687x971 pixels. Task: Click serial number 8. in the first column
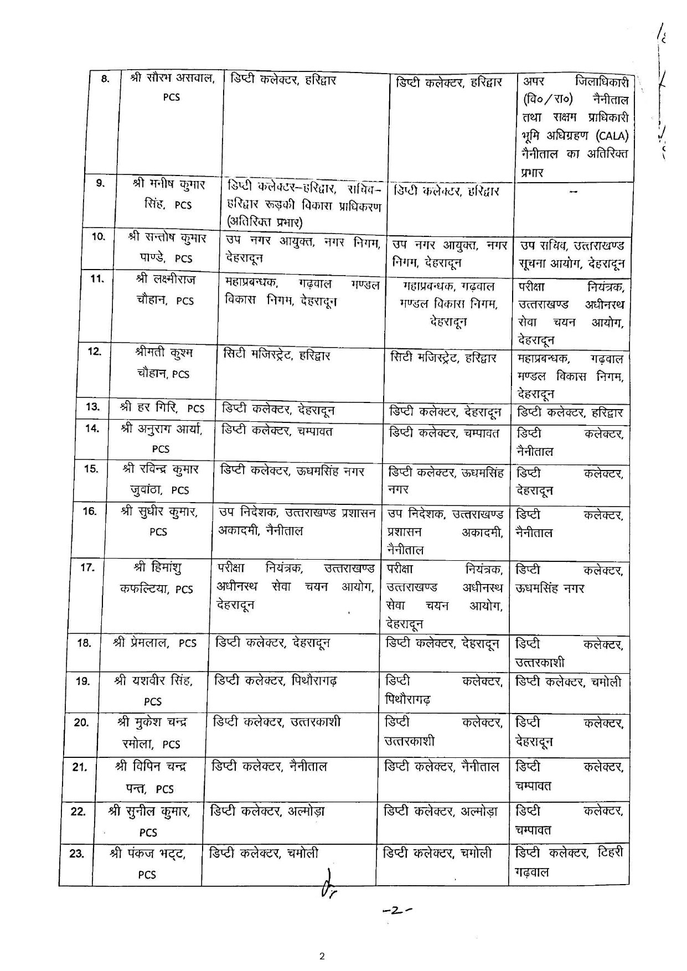tap(105, 79)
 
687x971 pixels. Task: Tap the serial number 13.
tap(92, 407)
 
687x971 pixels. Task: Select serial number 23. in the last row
tap(76, 853)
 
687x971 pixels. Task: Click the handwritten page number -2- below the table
tap(399, 910)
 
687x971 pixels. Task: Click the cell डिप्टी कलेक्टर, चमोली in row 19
tap(569, 682)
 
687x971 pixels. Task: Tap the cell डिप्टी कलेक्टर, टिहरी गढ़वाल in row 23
tap(569, 861)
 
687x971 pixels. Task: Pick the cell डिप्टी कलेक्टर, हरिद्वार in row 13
tap(570, 412)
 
